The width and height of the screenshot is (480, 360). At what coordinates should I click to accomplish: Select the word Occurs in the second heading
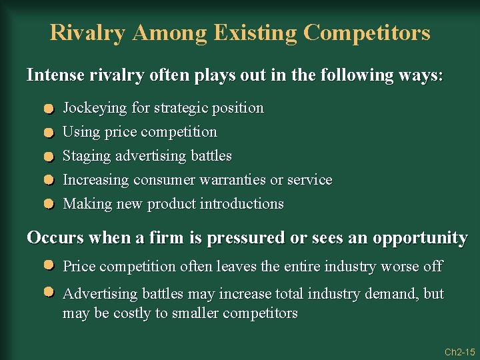(x=55, y=238)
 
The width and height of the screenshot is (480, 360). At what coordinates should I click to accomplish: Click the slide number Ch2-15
(x=459, y=351)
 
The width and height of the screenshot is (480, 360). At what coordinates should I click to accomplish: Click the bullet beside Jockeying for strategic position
(x=49, y=109)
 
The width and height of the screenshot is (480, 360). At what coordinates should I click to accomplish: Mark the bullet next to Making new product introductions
(x=49, y=205)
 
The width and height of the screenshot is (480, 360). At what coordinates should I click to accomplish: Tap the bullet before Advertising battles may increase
(x=49, y=293)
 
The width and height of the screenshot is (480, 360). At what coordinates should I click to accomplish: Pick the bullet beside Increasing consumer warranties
(x=49, y=181)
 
